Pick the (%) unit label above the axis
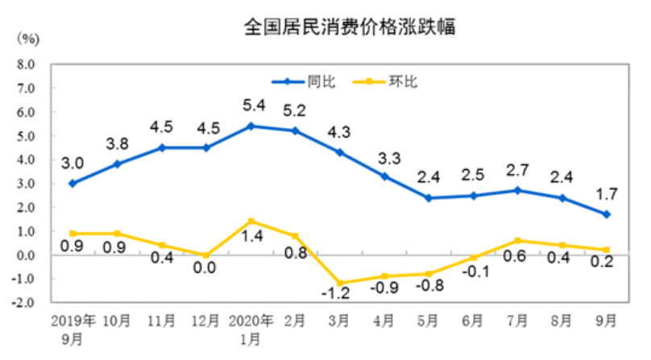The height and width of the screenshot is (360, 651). tap(28, 38)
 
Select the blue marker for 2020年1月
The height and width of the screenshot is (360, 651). tap(251, 126)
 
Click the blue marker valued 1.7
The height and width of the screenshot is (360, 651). tap(606, 214)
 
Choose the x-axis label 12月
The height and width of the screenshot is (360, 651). tap(206, 320)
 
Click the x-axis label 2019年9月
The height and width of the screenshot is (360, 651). tap(73, 327)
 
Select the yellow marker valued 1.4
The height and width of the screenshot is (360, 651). tap(251, 221)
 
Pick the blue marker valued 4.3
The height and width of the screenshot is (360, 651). tap(339, 152)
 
